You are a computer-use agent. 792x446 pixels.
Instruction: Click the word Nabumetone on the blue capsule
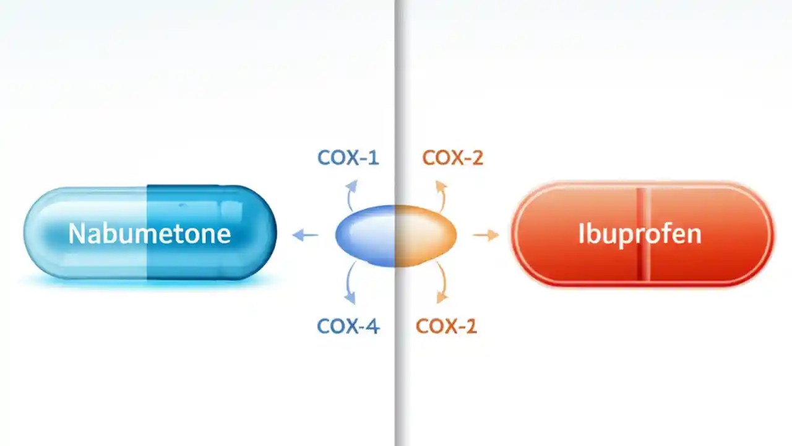(149, 234)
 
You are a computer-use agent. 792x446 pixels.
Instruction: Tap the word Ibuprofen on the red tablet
(640, 234)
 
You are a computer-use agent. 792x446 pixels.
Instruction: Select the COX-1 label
(348, 158)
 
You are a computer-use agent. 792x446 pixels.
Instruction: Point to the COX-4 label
(348, 326)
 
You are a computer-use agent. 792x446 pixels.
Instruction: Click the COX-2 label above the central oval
(452, 158)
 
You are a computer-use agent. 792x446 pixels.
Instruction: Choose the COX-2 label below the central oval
(446, 326)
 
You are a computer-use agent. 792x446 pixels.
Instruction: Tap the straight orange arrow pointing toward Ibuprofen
(486, 235)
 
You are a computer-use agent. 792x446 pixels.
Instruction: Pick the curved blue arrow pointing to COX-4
(351, 283)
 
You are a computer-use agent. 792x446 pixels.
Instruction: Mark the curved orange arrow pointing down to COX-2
(441, 283)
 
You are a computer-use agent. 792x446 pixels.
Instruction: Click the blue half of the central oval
(365, 235)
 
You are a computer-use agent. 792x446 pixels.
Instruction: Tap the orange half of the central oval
(427, 235)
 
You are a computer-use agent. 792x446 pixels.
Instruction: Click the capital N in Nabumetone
(76, 234)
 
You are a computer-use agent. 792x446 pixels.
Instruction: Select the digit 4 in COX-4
(371, 326)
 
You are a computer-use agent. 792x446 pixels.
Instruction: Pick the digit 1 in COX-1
(372, 158)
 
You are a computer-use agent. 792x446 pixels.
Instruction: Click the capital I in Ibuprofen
(582, 234)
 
